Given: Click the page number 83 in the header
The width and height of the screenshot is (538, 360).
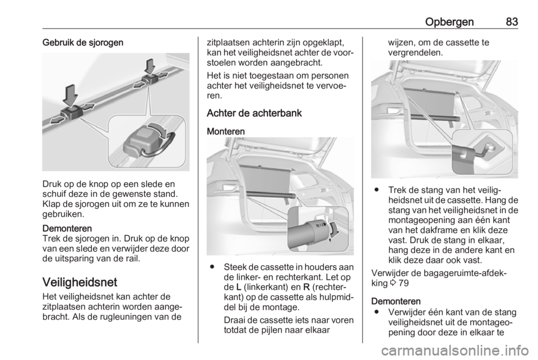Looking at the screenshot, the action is pyautogui.click(x=512, y=22).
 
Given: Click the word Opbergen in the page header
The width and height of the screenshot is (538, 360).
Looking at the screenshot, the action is pyautogui.click(x=449, y=22).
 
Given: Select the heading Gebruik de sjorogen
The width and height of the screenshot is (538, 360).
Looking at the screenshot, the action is pyautogui.click(x=83, y=43).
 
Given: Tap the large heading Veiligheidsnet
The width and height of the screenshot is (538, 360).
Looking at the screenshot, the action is pyautogui.click(x=80, y=282).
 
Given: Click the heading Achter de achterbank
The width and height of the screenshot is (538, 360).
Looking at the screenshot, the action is pyautogui.click(x=254, y=113).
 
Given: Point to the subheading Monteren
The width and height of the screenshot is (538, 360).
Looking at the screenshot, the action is pyautogui.click(x=226, y=131).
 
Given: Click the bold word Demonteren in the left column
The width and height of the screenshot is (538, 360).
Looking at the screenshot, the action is pyautogui.click(x=67, y=228).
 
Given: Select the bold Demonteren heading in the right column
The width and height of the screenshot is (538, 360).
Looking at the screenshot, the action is pyautogui.click(x=396, y=301).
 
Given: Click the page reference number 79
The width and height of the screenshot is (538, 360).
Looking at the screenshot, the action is pyautogui.click(x=404, y=283).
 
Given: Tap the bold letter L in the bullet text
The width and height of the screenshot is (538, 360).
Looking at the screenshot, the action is pyautogui.click(x=239, y=287).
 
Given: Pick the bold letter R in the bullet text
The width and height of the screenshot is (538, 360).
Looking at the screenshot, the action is pyautogui.click(x=307, y=287).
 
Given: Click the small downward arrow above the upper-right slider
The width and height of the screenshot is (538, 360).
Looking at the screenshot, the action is pyautogui.click(x=150, y=67).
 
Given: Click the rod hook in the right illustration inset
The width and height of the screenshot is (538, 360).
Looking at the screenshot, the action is pyautogui.click(x=480, y=151).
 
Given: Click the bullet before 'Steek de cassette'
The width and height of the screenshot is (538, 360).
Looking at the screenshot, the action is pyautogui.click(x=213, y=267).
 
